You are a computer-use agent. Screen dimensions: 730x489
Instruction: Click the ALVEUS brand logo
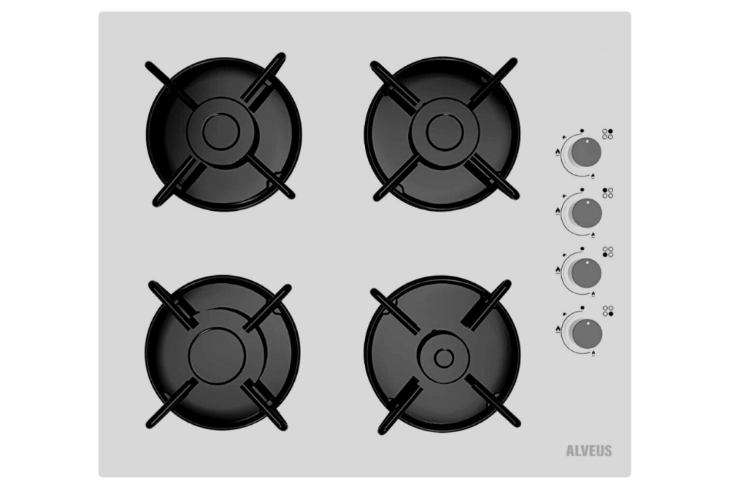589,451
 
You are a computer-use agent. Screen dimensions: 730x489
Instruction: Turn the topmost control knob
586,153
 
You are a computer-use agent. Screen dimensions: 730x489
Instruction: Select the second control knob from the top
587,213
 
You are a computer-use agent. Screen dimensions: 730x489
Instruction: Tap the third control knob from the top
586,273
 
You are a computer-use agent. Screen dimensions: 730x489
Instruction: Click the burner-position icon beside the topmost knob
607,134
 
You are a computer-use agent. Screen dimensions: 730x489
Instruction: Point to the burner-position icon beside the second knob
608,193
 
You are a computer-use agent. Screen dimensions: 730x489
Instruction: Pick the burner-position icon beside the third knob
608,253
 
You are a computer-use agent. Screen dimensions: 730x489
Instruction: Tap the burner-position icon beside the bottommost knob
608,311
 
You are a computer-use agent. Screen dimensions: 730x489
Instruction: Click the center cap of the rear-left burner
221,131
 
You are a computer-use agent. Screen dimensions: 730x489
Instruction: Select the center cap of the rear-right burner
445,131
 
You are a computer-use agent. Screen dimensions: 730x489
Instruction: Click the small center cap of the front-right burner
444,358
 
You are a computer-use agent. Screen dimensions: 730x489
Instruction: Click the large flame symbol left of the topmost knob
557,152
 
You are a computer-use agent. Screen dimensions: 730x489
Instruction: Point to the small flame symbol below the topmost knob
593,176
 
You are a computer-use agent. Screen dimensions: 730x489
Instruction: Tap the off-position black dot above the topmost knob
582,131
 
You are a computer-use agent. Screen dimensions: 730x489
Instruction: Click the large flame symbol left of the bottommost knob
558,330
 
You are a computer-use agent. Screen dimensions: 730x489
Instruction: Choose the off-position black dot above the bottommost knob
583,307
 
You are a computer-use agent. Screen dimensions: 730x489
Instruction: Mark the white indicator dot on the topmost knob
587,141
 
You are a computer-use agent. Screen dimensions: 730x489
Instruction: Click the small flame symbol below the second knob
593,235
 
